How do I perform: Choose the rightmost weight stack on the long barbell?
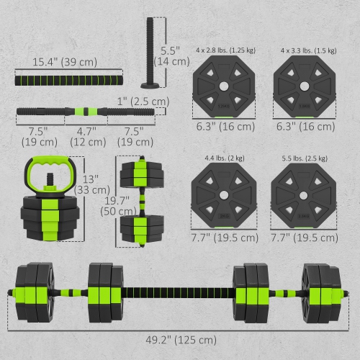pos(320,292)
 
